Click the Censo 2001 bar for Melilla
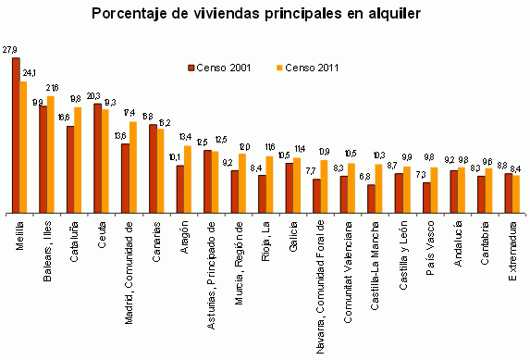click(x=16, y=134)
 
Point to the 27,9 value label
click(x=10, y=49)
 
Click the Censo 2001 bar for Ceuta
click(x=98, y=157)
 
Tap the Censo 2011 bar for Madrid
click(x=133, y=167)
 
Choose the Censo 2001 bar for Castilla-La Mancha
click(x=372, y=198)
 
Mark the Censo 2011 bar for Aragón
click(x=188, y=178)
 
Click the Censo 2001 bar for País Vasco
click(x=426, y=197)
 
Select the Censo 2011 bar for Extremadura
click(x=516, y=193)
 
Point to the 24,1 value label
click(x=30, y=72)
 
